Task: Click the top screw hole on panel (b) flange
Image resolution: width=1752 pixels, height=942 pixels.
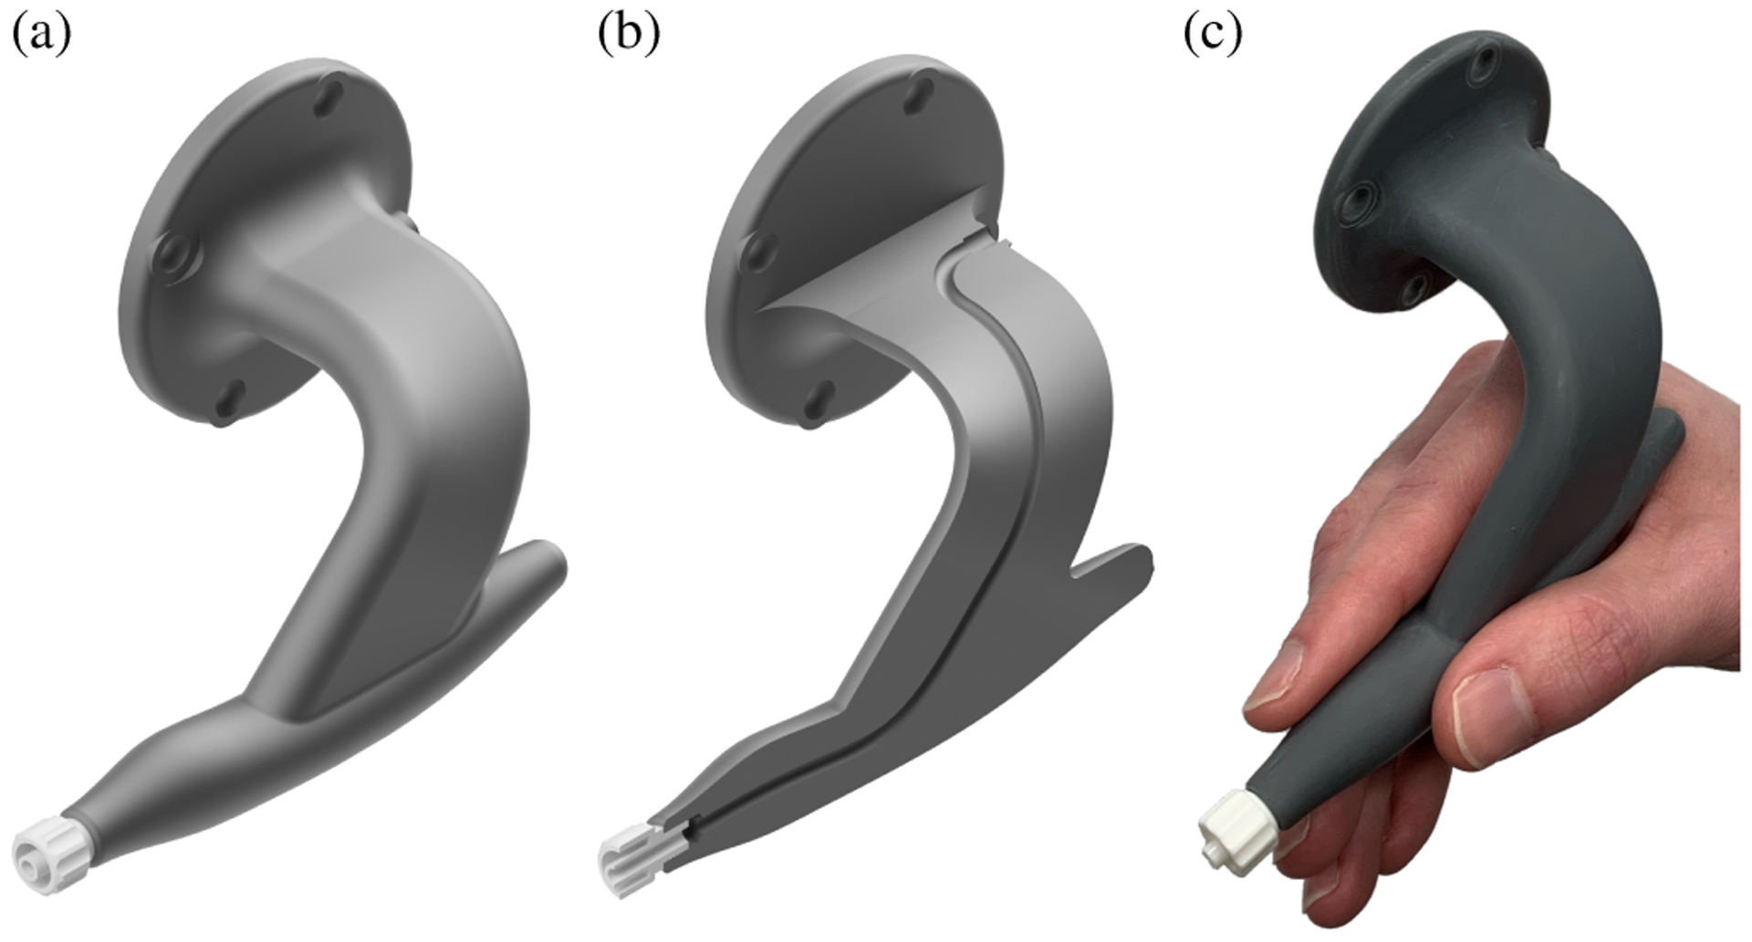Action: (x=917, y=95)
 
